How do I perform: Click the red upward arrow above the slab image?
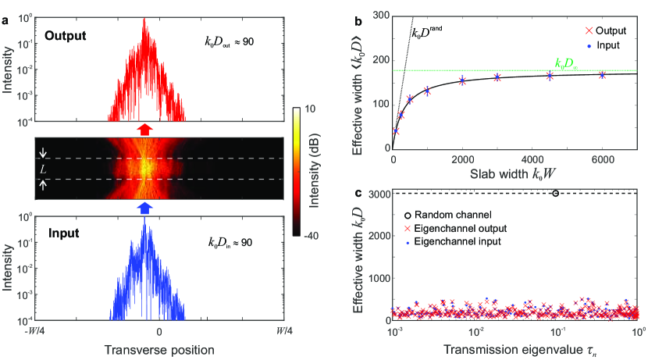tap(144, 130)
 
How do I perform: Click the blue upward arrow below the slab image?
tap(144, 208)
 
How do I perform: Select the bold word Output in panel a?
tap(66, 36)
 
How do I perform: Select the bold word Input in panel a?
tap(64, 233)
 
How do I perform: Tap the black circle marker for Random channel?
tap(555, 193)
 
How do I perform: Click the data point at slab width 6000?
tap(602, 75)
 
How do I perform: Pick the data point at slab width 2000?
tap(462, 81)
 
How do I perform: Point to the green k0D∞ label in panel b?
tap(566, 64)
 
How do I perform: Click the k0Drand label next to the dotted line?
tap(427, 32)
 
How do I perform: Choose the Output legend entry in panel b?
tap(605, 30)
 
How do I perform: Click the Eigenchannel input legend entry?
tap(453, 241)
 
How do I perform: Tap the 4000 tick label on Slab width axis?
tap(532, 160)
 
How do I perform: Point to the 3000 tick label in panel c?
tap(378, 194)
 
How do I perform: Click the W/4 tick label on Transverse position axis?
tap(284, 331)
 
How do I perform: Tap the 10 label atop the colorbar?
tap(310, 109)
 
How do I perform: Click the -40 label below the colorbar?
tap(312, 236)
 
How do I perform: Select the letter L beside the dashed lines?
tap(43, 169)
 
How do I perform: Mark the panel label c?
tap(358, 193)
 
